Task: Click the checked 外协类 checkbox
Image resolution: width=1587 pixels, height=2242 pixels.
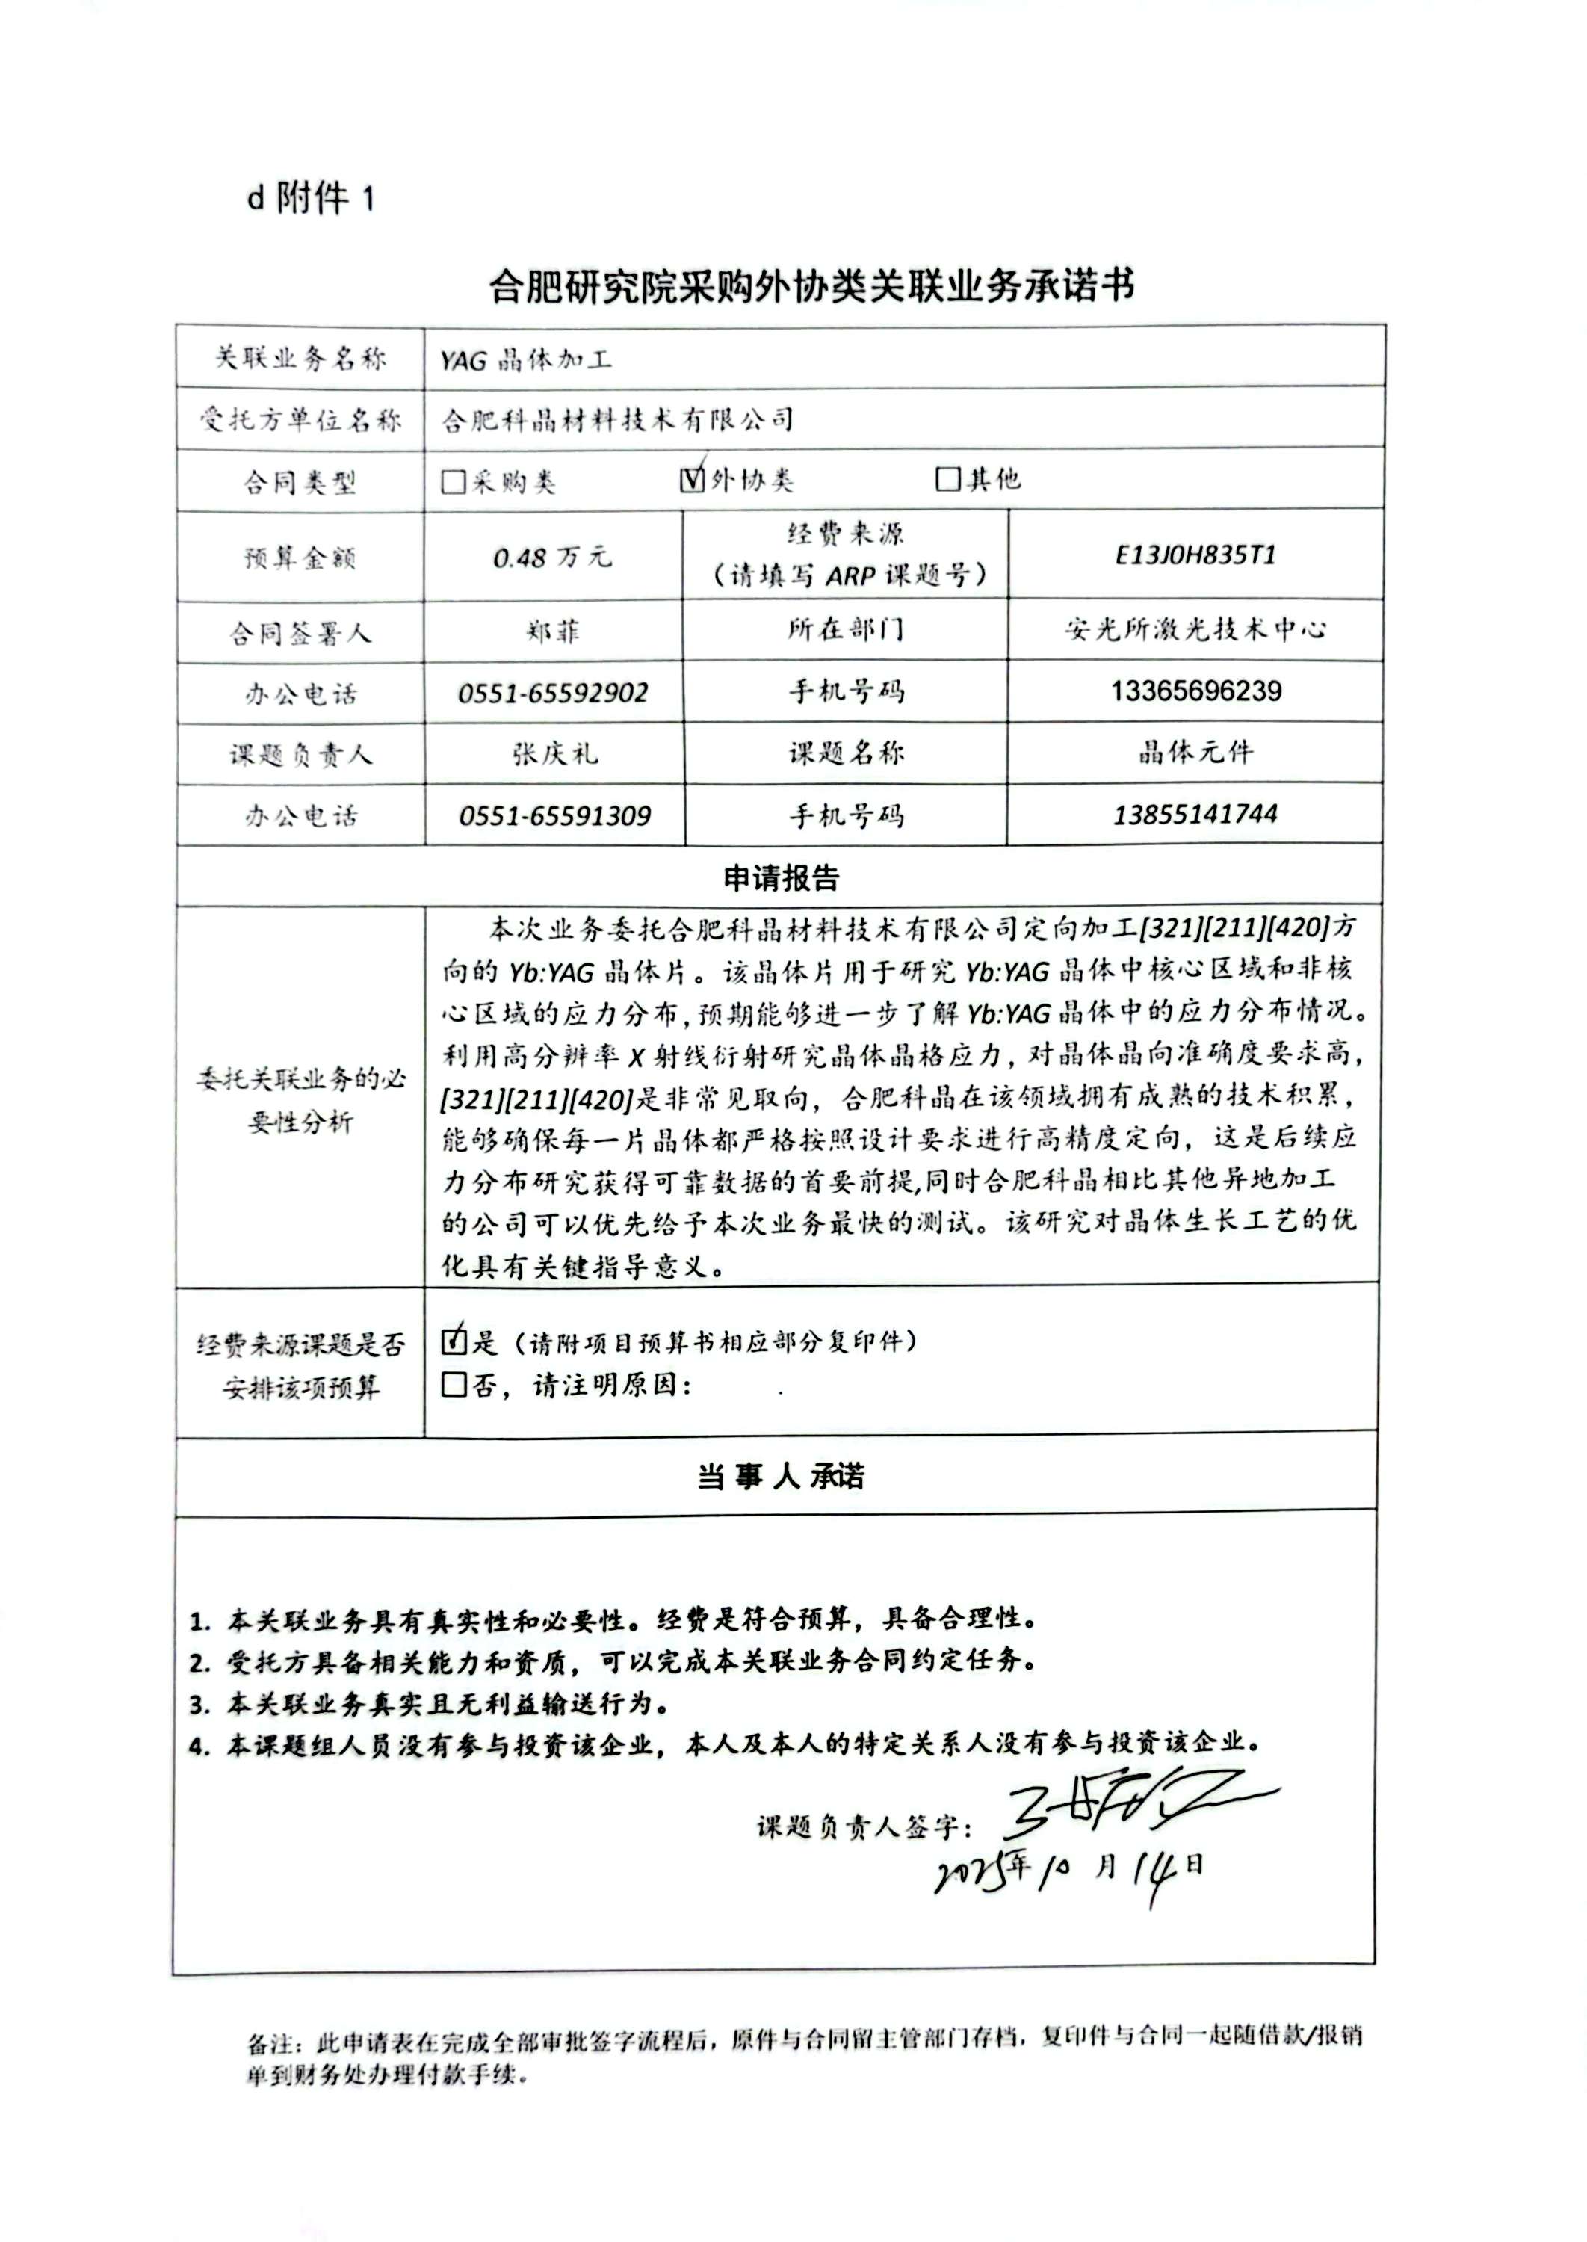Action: pos(692,479)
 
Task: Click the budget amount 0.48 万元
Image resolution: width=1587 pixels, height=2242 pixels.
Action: pos(552,557)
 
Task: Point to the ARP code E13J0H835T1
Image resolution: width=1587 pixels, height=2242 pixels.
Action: pos(1195,555)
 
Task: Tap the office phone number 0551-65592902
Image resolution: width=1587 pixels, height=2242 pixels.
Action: pos(553,693)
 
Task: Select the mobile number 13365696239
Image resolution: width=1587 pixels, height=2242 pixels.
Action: pos(1195,691)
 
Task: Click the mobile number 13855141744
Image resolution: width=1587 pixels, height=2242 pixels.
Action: pos(1195,813)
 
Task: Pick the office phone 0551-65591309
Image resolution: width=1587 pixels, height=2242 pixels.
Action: pos(554,815)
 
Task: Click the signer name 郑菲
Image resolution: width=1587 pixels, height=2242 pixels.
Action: pos(553,631)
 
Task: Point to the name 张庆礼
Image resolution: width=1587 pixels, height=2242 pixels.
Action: pos(554,753)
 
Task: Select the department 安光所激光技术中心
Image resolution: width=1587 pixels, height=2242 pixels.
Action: pos(1195,629)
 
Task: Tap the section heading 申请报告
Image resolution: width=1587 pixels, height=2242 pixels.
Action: pos(780,877)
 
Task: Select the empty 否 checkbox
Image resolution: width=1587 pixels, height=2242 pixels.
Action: pos(454,1384)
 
